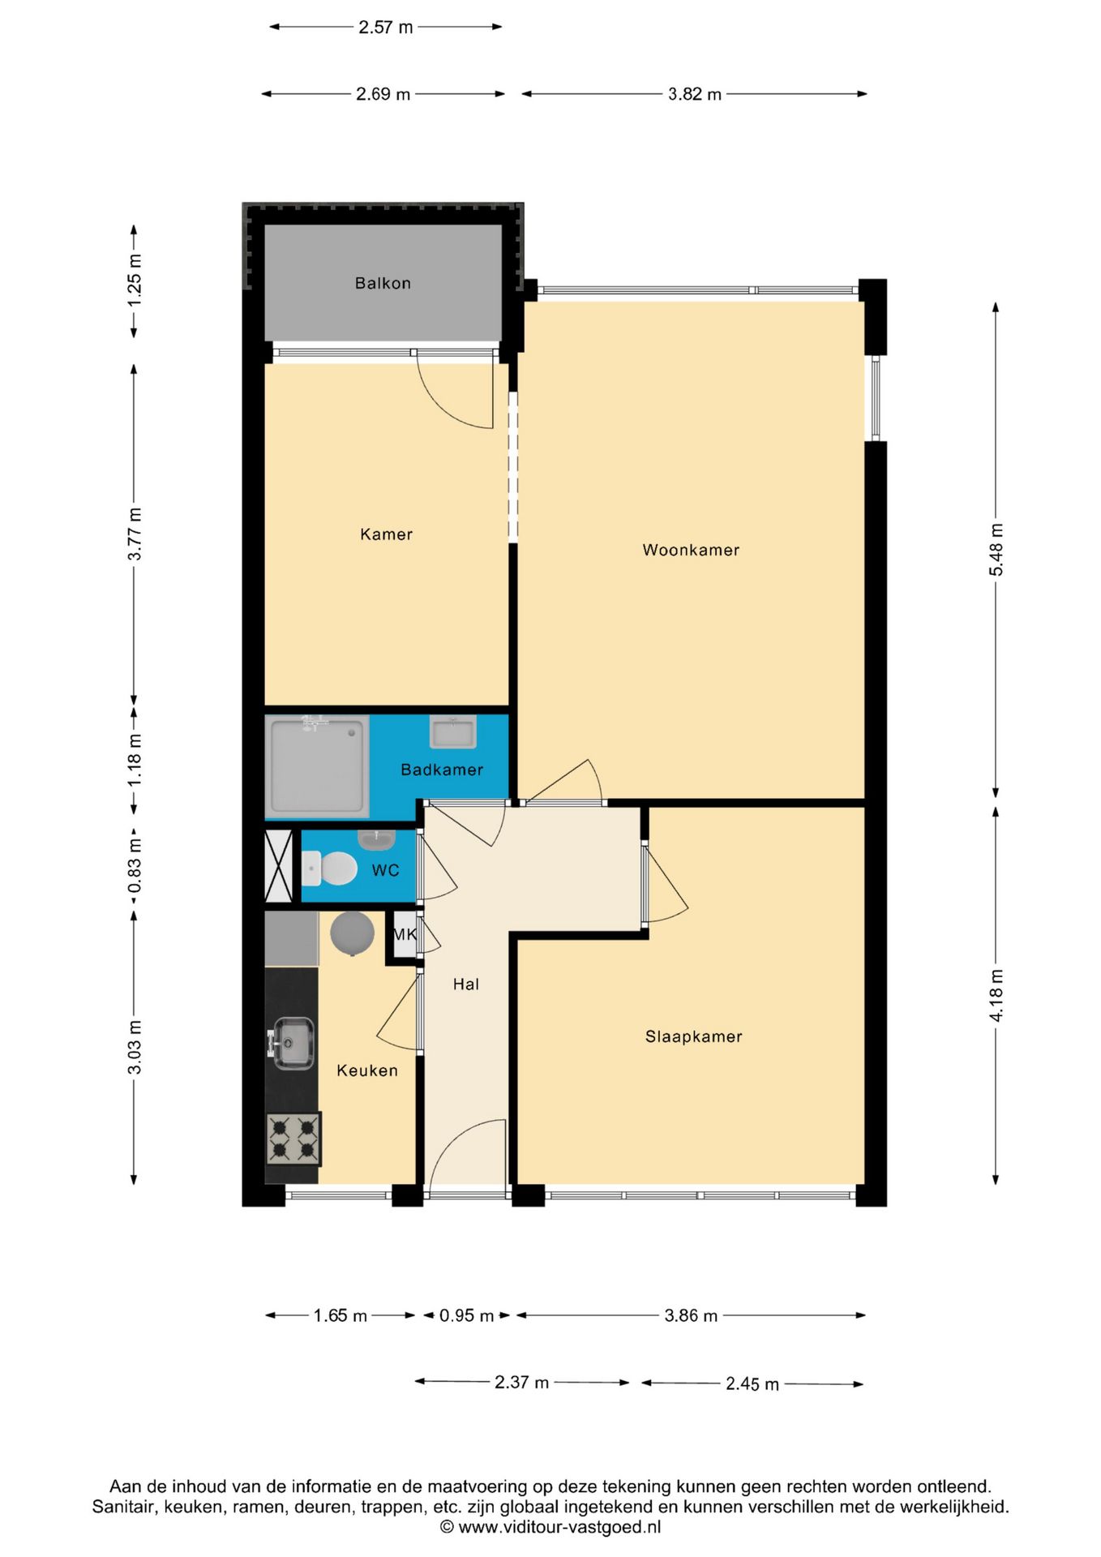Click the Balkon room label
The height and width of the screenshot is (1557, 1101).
pos(383,283)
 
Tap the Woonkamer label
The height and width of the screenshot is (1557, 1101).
pos(691,550)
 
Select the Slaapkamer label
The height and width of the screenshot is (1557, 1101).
pos(693,1036)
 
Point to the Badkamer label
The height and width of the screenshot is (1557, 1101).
pos(442,770)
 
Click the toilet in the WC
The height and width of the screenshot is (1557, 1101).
pos(329,869)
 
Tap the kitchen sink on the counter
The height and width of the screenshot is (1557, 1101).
pos(292,1043)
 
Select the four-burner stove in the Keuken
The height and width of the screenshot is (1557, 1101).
pos(293,1138)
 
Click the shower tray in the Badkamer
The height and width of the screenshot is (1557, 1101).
pos(317,766)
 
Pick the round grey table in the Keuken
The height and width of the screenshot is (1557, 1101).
pos(352,933)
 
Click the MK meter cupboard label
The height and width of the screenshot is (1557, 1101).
pos(405,934)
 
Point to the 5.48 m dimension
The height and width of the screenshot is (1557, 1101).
pos(996,550)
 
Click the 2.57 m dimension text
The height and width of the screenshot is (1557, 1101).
pos(386,27)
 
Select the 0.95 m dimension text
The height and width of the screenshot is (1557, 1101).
pos(466,1315)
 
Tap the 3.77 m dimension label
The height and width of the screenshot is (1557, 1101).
pos(135,534)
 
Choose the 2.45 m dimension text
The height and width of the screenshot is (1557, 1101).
pos(752,1383)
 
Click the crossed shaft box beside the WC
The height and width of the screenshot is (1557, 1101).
pos(279,866)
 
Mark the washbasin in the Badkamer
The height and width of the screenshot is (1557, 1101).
pos(452,732)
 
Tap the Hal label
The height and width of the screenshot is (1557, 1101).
pos(465,984)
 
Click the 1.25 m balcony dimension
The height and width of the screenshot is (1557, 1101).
pos(135,281)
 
